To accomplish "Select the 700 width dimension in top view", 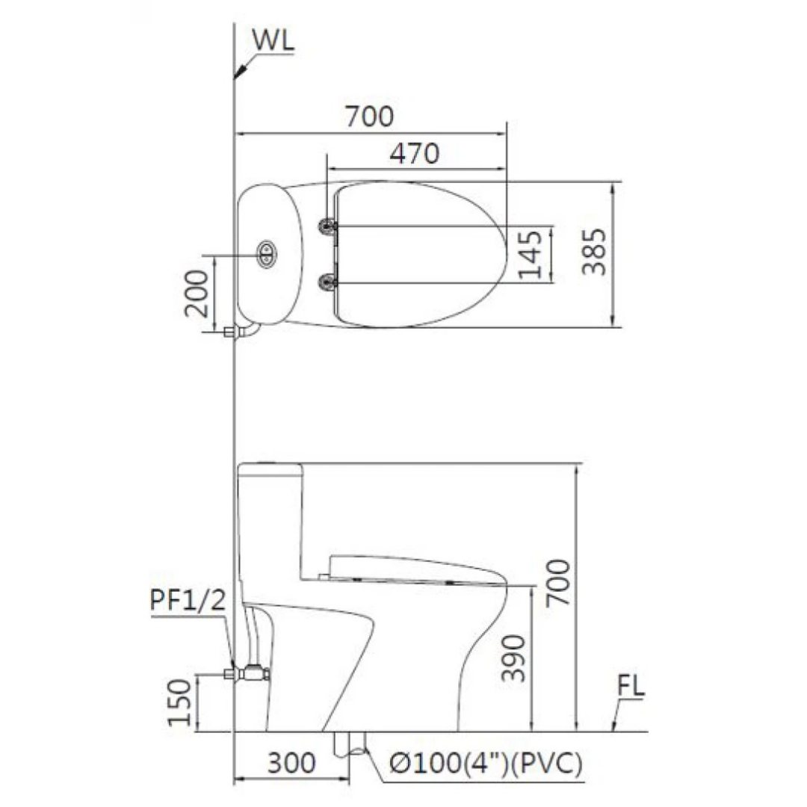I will click(x=368, y=117).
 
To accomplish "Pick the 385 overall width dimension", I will click(x=595, y=253).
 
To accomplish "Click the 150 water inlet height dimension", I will click(x=181, y=702).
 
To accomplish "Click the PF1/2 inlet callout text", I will click(x=187, y=599).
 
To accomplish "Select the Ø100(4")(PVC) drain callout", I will click(x=486, y=764).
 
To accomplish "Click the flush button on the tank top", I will click(x=266, y=254).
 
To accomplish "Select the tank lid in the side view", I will click(x=270, y=471).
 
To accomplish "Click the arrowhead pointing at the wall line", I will click(x=241, y=72).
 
